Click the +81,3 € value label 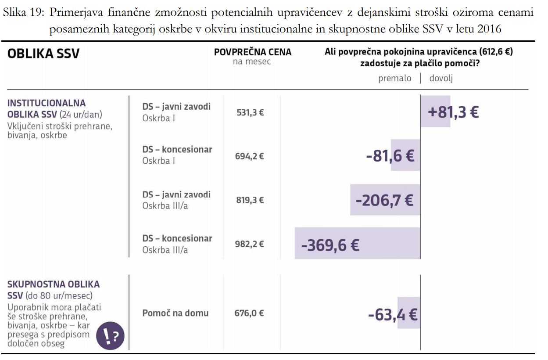(x=453, y=112)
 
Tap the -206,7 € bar (x=384, y=200)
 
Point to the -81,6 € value (x=390, y=155)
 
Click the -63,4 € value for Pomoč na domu (x=392, y=314)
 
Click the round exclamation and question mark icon (x=110, y=336)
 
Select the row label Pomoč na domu (x=175, y=313)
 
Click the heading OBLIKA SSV (x=43, y=54)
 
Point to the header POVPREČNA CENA (x=252, y=52)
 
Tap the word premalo (x=394, y=79)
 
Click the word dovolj (x=441, y=79)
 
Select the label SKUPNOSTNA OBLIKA (x=54, y=284)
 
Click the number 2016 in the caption (x=489, y=29)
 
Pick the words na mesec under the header (x=252, y=62)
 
